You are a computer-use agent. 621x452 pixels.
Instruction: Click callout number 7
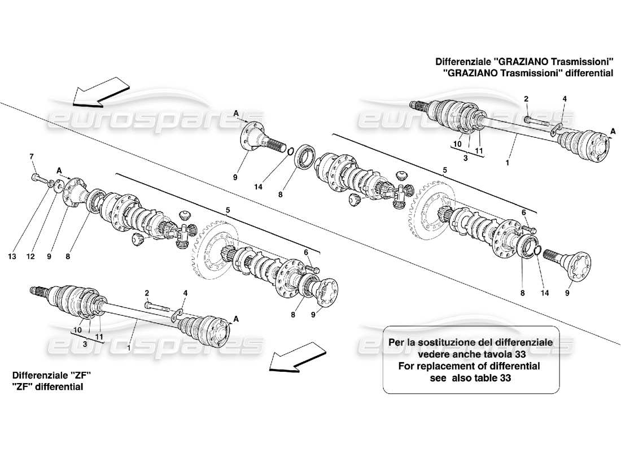pos(32,156)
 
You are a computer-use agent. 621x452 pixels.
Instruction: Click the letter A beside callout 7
pos(59,169)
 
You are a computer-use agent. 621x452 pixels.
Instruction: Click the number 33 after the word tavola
pos(520,354)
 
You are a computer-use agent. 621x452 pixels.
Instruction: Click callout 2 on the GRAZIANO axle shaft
pos(526,99)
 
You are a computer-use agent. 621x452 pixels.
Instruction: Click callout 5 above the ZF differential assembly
pos(229,210)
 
